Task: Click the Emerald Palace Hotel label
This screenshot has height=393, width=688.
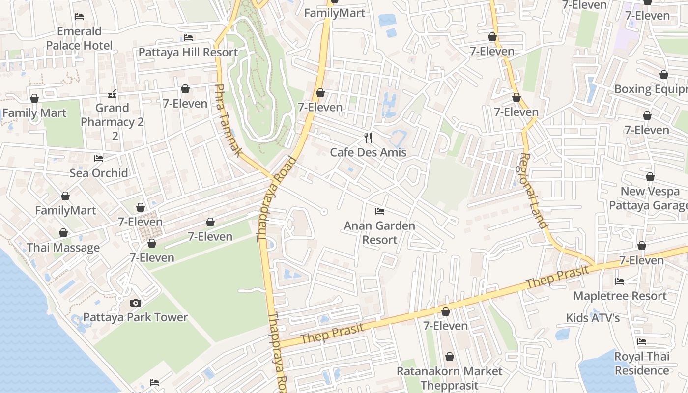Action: coord(79,38)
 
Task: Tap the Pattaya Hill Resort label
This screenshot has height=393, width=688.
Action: coord(188,52)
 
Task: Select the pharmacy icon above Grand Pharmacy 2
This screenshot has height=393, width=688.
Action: coord(112,93)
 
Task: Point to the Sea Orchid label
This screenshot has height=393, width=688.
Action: coord(99,173)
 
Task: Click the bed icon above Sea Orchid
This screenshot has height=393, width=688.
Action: coord(99,158)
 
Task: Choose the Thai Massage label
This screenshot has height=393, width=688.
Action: coord(63,248)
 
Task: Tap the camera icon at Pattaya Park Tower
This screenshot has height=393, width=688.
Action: coord(136,303)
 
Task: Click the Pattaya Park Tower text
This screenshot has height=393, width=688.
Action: coord(136,317)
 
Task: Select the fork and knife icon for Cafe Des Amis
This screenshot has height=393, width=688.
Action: coord(368,138)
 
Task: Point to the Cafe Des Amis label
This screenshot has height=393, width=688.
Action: coord(368,152)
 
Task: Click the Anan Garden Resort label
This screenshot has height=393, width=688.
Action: coord(379,233)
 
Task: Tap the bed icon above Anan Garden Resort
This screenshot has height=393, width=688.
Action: coord(379,211)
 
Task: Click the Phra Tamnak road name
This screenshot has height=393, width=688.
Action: coord(229,120)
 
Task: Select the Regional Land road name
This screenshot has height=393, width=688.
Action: coord(533,191)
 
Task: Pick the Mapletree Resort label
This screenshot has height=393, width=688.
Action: coord(620,296)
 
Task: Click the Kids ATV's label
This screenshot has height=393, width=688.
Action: coord(593,318)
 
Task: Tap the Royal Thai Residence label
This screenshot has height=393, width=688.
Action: coord(642,364)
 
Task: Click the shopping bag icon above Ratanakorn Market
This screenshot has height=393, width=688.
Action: coord(449,356)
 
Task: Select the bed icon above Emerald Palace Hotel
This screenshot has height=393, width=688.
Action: coord(79,17)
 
